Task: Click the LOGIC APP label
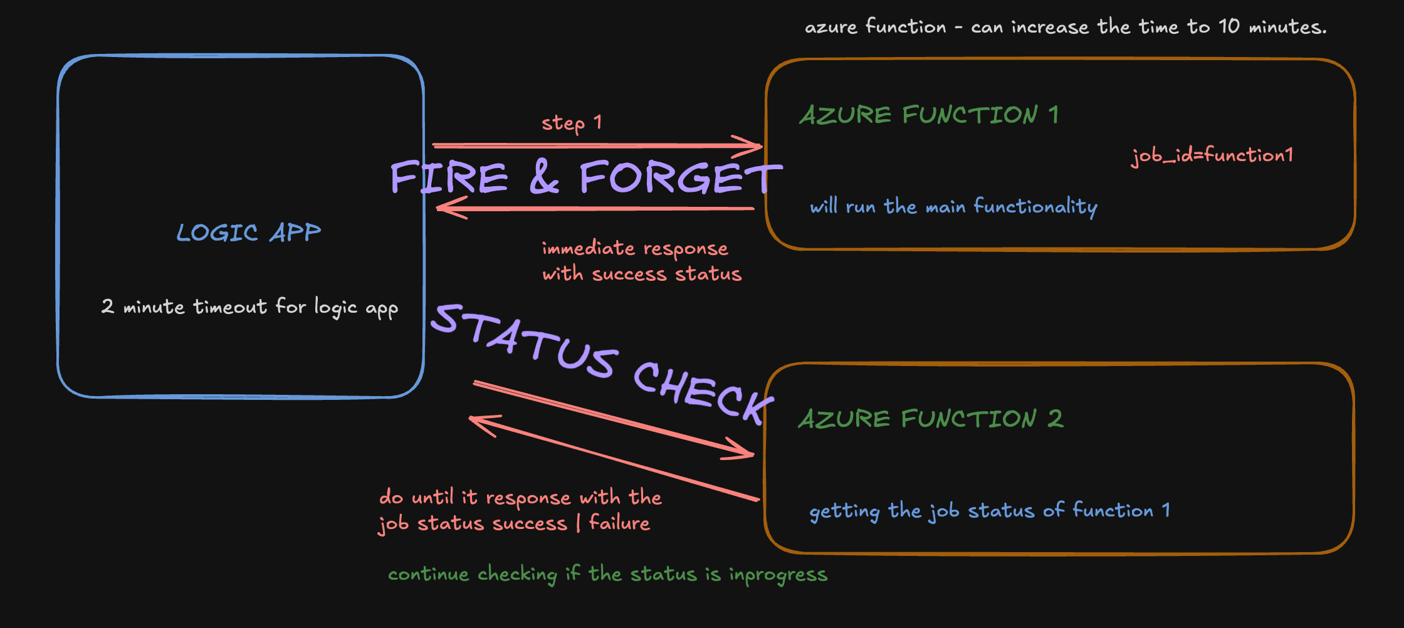pos(249,233)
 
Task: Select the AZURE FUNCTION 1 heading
pos(929,115)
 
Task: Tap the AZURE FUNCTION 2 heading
pos(930,419)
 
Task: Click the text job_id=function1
pos(1212,155)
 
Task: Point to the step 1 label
pos(572,123)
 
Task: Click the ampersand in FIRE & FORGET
pos(543,177)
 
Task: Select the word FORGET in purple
pos(679,177)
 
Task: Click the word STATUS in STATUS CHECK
pos(525,342)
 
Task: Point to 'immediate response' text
pos(634,249)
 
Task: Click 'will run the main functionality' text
pos(953,206)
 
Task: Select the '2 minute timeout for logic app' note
pos(249,307)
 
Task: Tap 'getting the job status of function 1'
pos(989,511)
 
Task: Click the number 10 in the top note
pos(1228,26)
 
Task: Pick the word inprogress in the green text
pos(778,575)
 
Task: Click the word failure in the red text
pos(619,523)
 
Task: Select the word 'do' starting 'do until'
pos(390,497)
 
